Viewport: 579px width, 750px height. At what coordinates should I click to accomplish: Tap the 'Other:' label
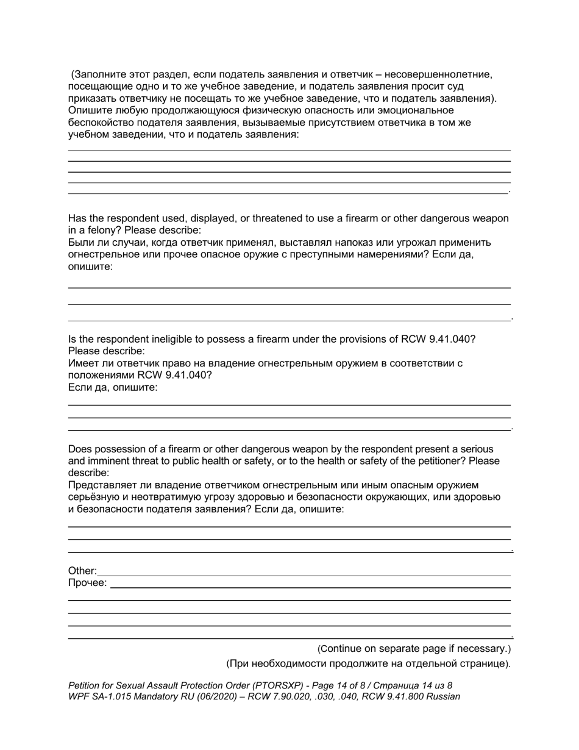[x=82, y=571]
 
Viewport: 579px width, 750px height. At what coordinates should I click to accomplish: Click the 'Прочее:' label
[x=87, y=583]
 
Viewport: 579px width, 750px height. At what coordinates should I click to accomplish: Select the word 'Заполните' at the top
[x=97, y=74]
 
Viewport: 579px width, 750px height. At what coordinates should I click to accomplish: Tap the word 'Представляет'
[x=102, y=485]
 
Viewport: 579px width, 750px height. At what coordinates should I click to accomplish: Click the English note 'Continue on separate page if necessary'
[x=414, y=648]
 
